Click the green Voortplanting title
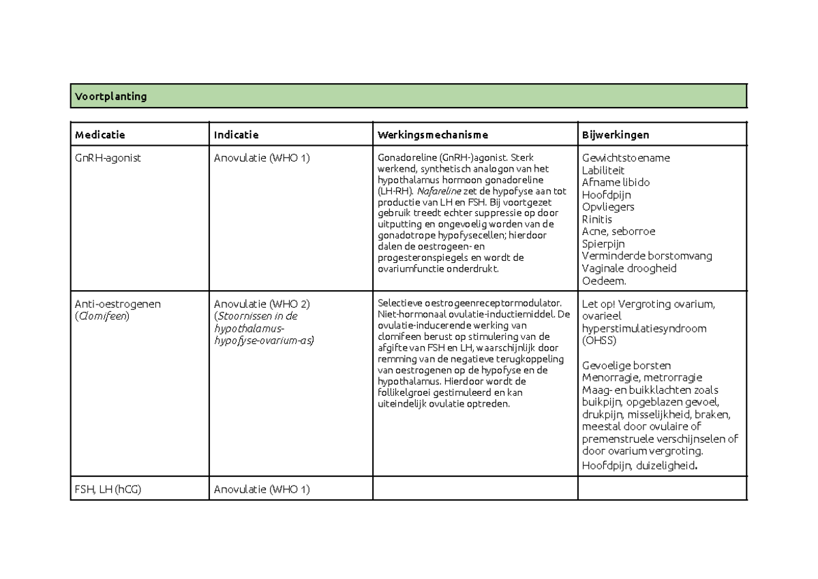pos(110,97)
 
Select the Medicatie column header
pos(100,135)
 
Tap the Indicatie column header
pos(237,135)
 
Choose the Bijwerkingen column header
pos(614,135)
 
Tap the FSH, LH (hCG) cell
pos(108,490)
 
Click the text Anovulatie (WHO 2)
pos(262,304)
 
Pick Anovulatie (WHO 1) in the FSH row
pos(262,490)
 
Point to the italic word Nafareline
pos(438,191)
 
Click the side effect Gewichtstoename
pos(626,158)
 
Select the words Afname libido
pos(616,183)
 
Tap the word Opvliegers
pos(608,207)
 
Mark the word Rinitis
pos(597,219)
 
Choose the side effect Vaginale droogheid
pos(629,268)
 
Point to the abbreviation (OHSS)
pos(601,341)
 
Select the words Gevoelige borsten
pos(626,366)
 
